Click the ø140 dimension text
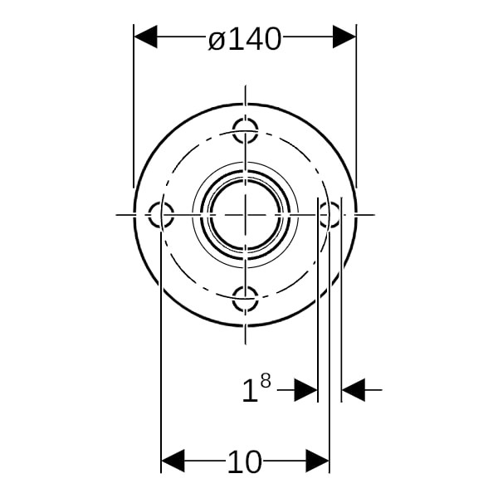[245, 39]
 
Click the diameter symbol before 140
[217, 41]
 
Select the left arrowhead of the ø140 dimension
[145, 37]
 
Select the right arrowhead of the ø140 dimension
[344, 37]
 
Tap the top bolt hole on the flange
[245, 130]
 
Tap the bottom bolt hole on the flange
[245, 299]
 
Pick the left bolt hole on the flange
[161, 215]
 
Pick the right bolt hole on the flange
[330, 215]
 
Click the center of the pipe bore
[245, 215]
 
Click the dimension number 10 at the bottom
[245, 461]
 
